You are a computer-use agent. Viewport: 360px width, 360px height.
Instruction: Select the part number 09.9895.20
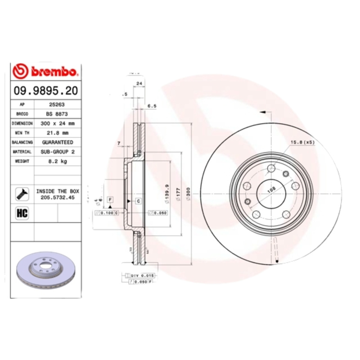coord(45,91)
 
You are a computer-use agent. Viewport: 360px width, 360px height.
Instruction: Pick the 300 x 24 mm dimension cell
coord(57,123)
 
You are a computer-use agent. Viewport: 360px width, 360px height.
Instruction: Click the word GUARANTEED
coord(58,142)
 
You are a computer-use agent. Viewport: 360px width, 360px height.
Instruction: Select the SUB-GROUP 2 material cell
coord(58,152)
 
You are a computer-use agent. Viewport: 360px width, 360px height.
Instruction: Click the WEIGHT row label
coord(22,161)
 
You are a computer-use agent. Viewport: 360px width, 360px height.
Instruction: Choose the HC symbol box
coord(22,213)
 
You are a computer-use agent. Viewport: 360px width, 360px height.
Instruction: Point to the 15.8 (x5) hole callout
coord(302,142)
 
